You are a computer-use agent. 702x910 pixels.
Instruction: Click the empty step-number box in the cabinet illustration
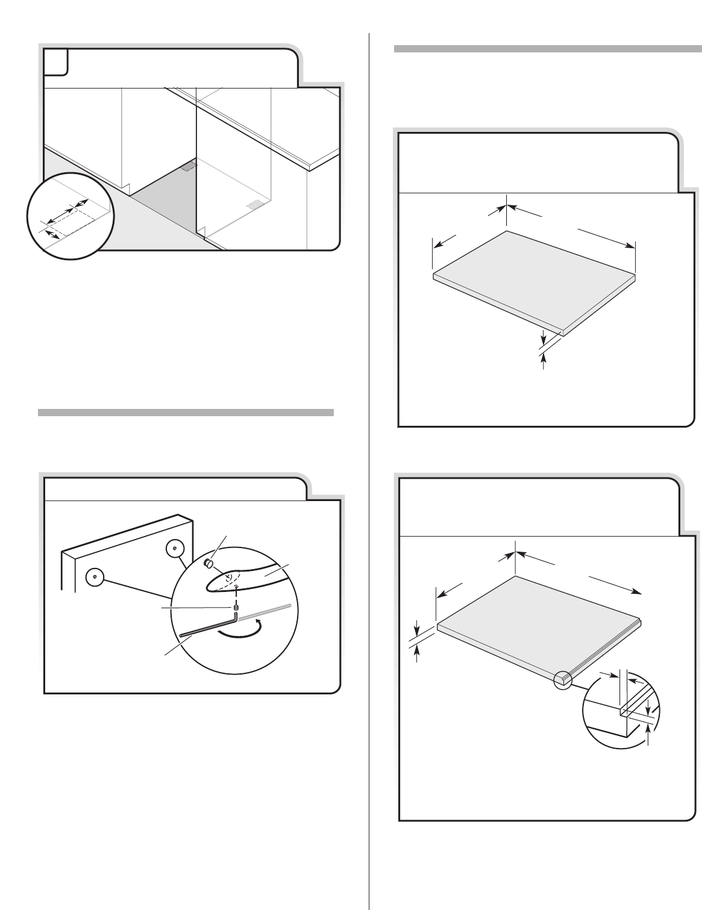(x=55, y=62)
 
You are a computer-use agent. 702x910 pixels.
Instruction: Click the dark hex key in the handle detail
(x=205, y=627)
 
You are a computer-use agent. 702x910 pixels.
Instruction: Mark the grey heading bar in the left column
(x=186, y=413)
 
